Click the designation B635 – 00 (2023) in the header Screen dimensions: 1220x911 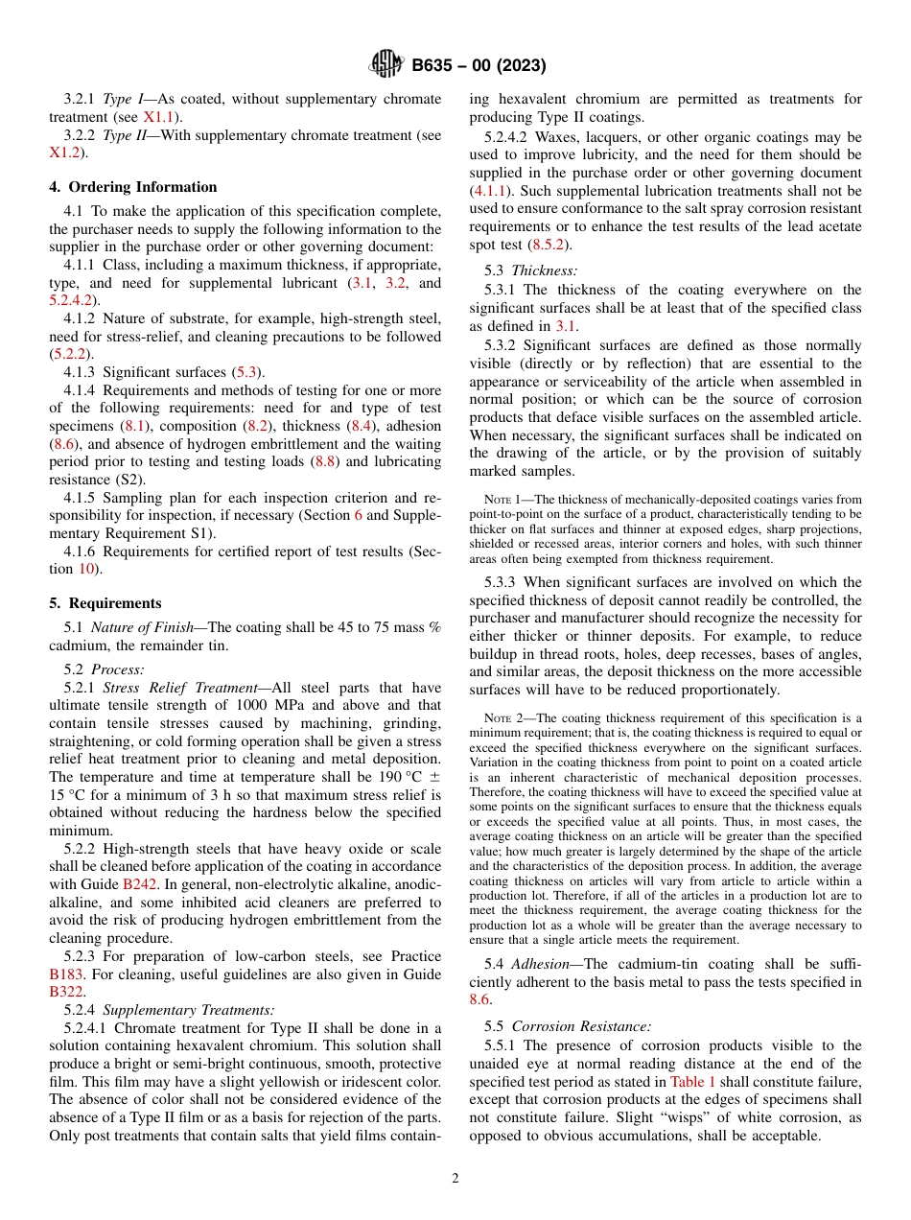click(479, 66)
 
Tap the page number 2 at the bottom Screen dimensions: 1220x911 click(455, 1179)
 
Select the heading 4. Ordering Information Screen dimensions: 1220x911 click(133, 187)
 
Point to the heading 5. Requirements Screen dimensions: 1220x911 click(105, 603)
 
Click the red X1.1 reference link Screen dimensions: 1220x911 click(159, 117)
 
